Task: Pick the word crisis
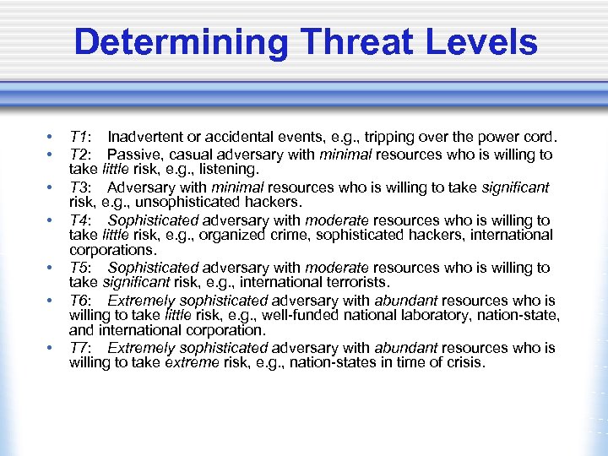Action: tap(464, 363)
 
